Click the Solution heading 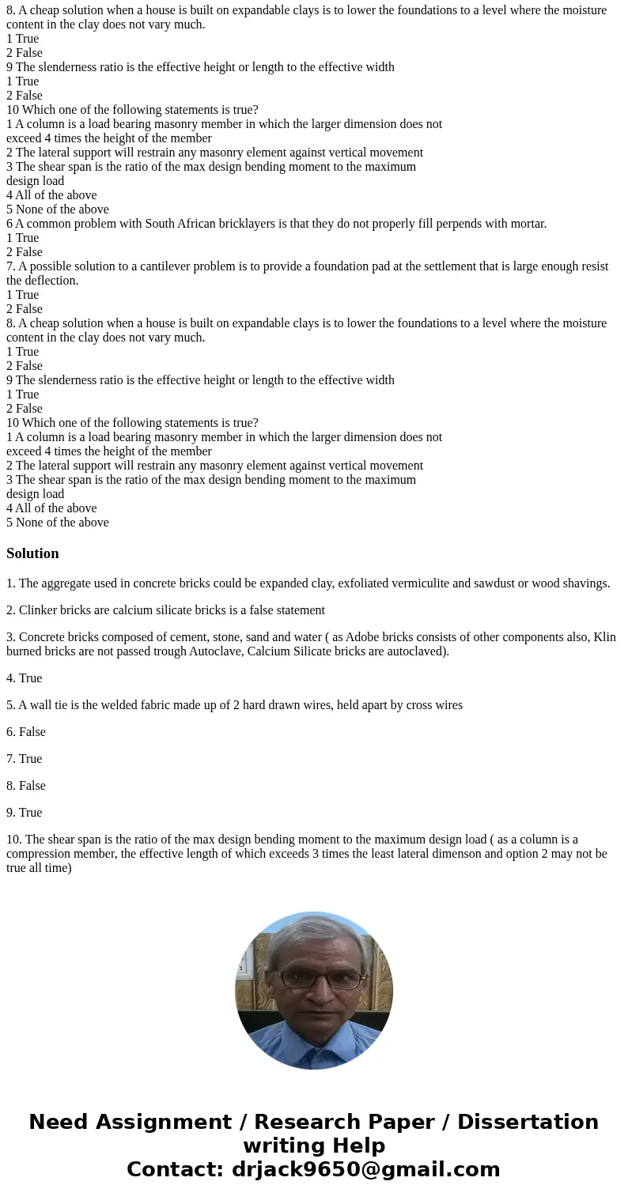pos(32,553)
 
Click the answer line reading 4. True pos(25,678)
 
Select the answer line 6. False pos(26,732)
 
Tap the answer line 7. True pos(25,759)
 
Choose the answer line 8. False pos(26,786)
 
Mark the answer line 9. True pos(25,813)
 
